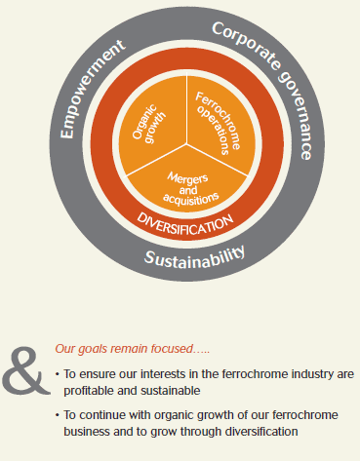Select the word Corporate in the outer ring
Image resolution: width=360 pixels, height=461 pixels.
(x=246, y=45)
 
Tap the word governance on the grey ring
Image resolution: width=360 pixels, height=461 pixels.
(x=296, y=116)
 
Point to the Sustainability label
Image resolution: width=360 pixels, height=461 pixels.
(x=194, y=257)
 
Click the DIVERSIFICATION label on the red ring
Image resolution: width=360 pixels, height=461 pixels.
(x=185, y=224)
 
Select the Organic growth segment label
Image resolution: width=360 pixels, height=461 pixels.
(x=148, y=124)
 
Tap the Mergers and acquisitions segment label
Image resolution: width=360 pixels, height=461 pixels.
(x=190, y=189)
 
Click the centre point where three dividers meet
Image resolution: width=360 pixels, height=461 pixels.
(x=186, y=143)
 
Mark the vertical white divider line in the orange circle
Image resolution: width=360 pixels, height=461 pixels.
(x=186, y=109)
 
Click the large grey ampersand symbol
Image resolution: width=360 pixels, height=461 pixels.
(x=25, y=370)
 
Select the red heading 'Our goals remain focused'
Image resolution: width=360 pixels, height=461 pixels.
(x=133, y=349)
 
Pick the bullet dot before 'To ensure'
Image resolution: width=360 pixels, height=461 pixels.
(x=58, y=374)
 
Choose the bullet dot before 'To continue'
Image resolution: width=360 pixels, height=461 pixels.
(x=58, y=415)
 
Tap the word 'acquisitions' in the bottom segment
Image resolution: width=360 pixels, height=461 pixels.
(x=191, y=200)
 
